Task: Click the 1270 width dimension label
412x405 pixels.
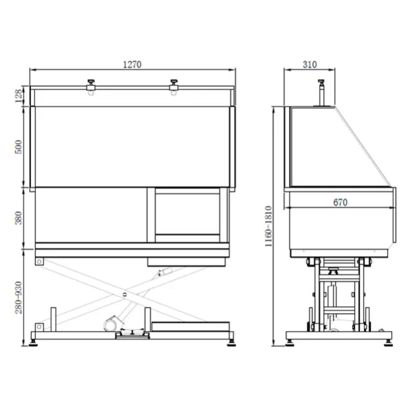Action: click(132, 64)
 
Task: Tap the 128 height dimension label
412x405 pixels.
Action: click(18, 96)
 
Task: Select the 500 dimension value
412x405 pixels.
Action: click(18, 147)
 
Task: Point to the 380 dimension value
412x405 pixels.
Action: click(18, 218)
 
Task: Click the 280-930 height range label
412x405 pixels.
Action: click(18, 298)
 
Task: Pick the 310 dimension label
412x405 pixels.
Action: click(310, 64)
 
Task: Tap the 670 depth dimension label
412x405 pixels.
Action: click(340, 202)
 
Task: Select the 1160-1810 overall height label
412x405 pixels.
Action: click(268, 226)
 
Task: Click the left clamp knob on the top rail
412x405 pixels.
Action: click(91, 81)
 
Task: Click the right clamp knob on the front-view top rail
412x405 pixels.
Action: click(173, 81)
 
